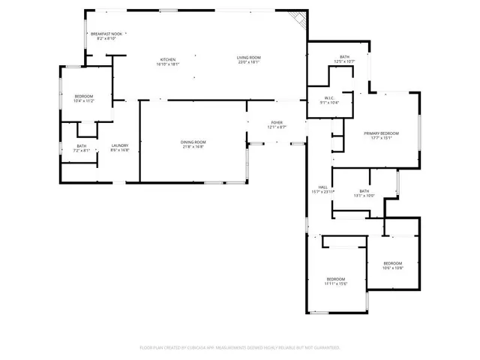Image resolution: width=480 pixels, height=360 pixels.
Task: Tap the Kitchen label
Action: pos(169,59)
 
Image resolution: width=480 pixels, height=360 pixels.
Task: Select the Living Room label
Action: pos(248,59)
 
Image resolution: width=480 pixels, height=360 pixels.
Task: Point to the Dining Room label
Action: pos(193,142)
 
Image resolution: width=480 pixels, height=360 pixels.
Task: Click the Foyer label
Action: pos(277,123)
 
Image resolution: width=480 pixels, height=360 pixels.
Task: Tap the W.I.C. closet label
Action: pos(328,97)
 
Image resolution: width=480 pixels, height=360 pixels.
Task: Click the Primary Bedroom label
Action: pos(381,133)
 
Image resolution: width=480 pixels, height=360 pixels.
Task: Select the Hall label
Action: pos(322,187)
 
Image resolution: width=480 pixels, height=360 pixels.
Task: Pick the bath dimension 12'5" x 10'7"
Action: pos(344,61)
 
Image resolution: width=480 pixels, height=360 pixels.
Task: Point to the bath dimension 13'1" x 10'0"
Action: pos(364,196)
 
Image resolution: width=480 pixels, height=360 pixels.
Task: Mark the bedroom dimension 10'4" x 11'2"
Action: pos(83,100)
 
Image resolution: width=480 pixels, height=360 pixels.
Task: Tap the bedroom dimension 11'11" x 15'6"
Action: pos(334,283)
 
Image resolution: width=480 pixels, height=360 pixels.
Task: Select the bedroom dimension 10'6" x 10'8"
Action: pos(393,268)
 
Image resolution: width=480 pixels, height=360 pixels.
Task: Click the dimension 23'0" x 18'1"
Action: pos(248,64)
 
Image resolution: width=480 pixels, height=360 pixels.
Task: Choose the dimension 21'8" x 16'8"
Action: pos(193,146)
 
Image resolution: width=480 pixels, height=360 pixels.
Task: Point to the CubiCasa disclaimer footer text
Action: pos(240,347)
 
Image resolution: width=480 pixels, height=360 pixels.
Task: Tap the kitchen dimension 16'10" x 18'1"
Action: pos(169,64)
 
